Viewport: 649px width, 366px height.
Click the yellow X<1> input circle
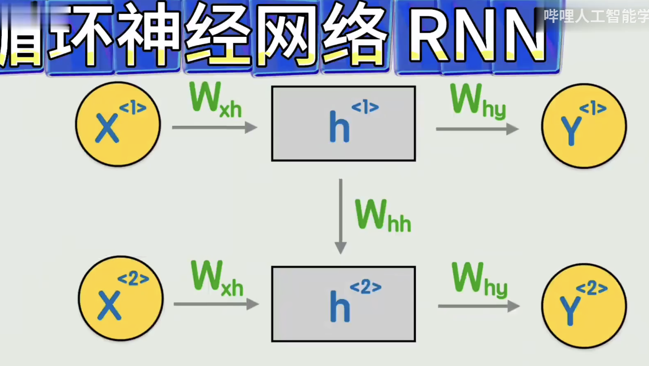[x=118, y=124]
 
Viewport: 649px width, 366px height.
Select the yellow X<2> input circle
[x=121, y=298]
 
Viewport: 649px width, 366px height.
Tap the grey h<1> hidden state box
[x=343, y=123]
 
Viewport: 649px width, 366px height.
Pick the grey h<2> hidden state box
[x=343, y=304]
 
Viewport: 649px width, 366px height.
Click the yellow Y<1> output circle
[x=584, y=126]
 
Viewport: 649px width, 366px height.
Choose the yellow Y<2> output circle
[x=584, y=306]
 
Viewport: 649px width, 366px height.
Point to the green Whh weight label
[x=382, y=216]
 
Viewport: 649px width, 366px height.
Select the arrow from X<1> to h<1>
[x=214, y=127]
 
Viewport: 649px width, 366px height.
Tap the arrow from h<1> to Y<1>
[x=477, y=129]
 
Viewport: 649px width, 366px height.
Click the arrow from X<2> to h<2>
[x=216, y=304]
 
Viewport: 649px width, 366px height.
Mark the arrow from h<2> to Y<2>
[x=479, y=306]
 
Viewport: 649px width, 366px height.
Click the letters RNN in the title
[x=477, y=35]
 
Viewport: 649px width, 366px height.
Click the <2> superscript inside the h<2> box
[x=365, y=287]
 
